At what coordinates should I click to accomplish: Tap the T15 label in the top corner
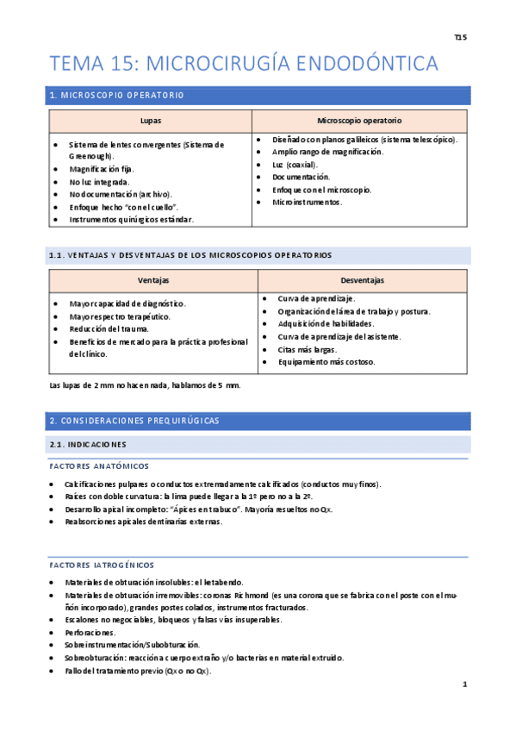click(460, 38)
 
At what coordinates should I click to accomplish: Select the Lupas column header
click(150, 121)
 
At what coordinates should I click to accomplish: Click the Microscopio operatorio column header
click(359, 121)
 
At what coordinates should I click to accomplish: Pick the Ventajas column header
click(153, 281)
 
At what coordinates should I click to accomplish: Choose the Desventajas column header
click(362, 281)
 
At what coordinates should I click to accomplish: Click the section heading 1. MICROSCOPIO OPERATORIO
click(116, 95)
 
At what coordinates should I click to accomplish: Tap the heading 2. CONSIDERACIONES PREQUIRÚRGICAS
click(134, 421)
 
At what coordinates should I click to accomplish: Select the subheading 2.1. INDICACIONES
click(88, 445)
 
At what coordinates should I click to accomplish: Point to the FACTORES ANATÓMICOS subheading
click(98, 466)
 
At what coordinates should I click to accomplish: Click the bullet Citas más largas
click(307, 349)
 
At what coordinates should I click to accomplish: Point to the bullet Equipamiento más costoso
click(326, 362)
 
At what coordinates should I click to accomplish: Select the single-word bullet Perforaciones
click(90, 632)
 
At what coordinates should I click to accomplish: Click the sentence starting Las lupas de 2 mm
click(145, 385)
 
